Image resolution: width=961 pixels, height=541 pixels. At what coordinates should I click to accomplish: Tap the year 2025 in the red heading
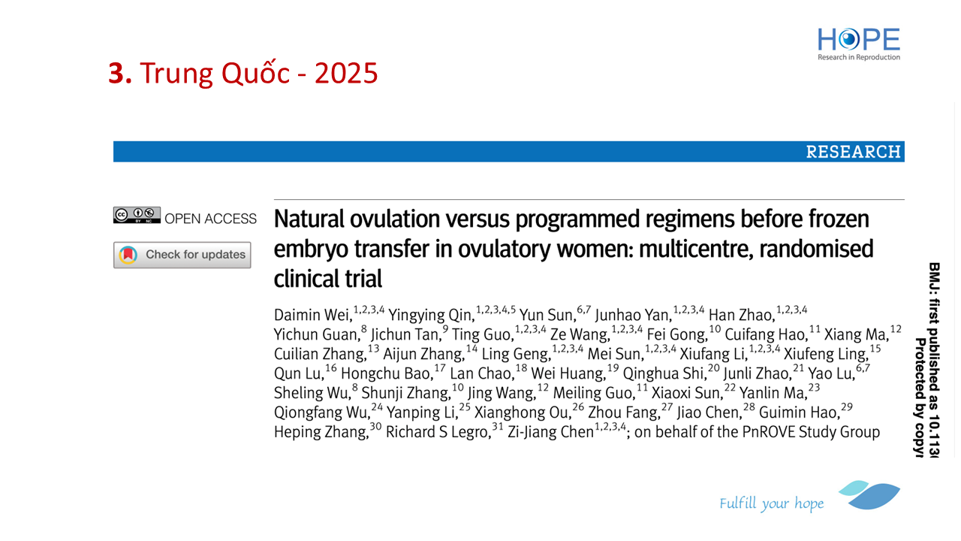(x=346, y=73)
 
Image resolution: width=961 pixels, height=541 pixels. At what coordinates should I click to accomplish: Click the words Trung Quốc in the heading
(x=215, y=72)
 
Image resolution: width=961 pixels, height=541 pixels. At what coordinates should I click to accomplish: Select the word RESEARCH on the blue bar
(x=853, y=152)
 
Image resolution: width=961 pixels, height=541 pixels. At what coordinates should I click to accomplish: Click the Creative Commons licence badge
(x=137, y=215)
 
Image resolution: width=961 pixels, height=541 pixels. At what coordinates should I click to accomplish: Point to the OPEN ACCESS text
(x=210, y=219)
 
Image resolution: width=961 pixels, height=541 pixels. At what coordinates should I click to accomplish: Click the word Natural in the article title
(x=309, y=219)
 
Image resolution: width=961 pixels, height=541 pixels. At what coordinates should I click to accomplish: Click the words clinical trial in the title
(x=328, y=279)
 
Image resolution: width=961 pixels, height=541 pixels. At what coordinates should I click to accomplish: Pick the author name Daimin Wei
(x=313, y=315)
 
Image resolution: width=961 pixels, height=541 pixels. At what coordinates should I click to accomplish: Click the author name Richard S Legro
(x=438, y=431)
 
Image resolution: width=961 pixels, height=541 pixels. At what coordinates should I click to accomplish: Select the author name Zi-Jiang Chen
(x=551, y=431)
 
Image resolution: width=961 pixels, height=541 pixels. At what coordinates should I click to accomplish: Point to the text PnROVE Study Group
(x=811, y=431)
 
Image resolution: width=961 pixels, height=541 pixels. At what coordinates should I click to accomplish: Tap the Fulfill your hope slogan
(x=771, y=503)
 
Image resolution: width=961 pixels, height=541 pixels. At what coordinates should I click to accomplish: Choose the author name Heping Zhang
(x=321, y=431)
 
